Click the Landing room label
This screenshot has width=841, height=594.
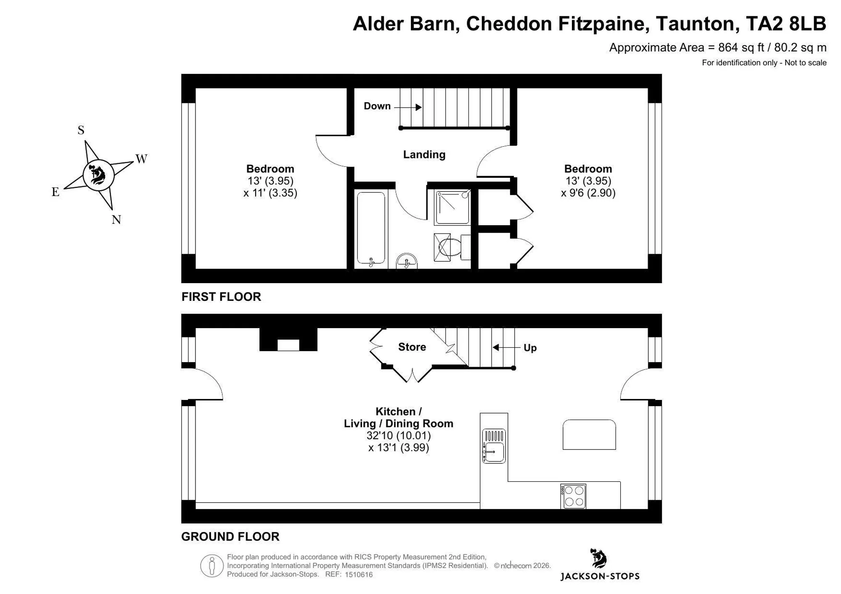tap(424, 155)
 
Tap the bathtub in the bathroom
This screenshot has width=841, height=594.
tap(371, 229)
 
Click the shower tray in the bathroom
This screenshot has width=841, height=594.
tap(453, 207)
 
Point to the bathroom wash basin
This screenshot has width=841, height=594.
tap(407, 261)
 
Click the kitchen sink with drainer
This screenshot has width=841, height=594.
tap(494, 446)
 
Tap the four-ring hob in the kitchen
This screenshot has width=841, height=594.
tap(573, 496)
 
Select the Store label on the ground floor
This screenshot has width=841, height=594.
tap(412, 347)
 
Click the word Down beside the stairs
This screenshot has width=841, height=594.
tap(377, 106)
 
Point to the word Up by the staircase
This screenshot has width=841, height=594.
tap(530, 348)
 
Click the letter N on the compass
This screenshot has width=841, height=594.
tap(116, 220)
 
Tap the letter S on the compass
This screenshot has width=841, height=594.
tap(81, 130)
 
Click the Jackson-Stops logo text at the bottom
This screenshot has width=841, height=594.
tap(600, 576)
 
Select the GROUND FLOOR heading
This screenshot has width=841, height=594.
tap(230, 536)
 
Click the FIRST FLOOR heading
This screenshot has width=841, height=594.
tap(221, 297)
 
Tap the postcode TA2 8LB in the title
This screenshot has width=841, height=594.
tap(786, 24)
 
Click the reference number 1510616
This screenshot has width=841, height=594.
tap(359, 575)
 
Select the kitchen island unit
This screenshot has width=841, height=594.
tap(589, 435)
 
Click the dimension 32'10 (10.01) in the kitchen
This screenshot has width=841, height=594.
tap(399, 436)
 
